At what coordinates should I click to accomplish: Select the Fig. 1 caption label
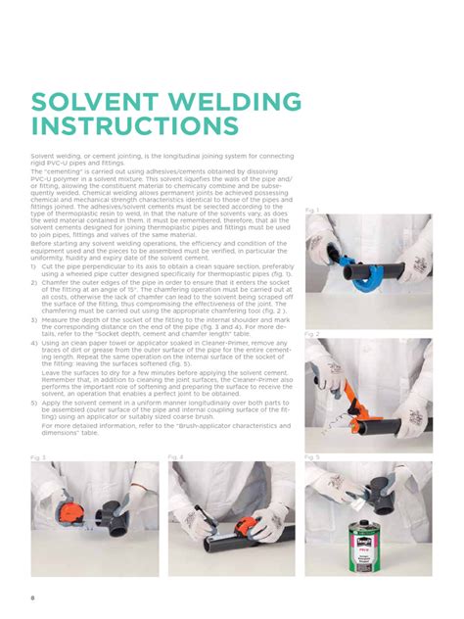[x=312, y=211]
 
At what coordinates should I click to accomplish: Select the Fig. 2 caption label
[x=312, y=334]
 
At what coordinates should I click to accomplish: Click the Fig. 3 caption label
[x=38, y=457]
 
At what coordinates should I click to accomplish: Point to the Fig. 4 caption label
[x=175, y=457]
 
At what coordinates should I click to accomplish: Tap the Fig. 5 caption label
[x=312, y=457]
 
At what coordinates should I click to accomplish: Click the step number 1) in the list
[x=34, y=265]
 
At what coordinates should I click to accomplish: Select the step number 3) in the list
[x=34, y=319]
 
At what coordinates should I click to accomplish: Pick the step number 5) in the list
[x=34, y=403]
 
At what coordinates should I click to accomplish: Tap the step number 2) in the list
[x=34, y=280]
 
